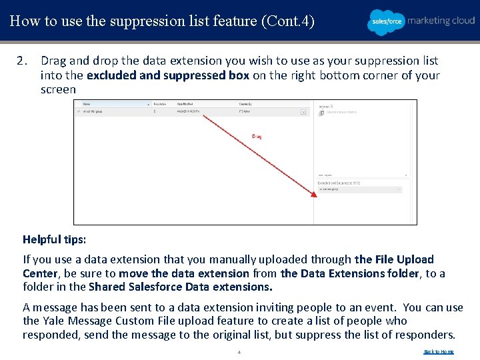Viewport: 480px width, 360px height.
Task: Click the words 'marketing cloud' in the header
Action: (x=441, y=21)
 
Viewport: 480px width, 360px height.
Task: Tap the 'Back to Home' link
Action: (x=439, y=351)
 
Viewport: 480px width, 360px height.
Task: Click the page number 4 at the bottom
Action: (x=239, y=352)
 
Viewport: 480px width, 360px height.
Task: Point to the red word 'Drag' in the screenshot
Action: (x=257, y=137)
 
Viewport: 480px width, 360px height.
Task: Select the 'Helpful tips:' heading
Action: (x=55, y=239)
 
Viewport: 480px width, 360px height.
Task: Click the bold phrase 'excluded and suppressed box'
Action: (x=167, y=75)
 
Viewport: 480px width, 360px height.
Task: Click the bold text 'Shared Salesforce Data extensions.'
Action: (x=181, y=287)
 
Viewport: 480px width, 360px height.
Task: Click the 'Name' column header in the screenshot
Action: (x=87, y=105)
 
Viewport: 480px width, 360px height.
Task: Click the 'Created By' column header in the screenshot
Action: (x=245, y=105)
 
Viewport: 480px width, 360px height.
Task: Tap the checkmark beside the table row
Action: (x=79, y=112)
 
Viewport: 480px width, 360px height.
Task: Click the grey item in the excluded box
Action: (x=359, y=189)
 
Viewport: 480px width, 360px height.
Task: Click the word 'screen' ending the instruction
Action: (x=59, y=89)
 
